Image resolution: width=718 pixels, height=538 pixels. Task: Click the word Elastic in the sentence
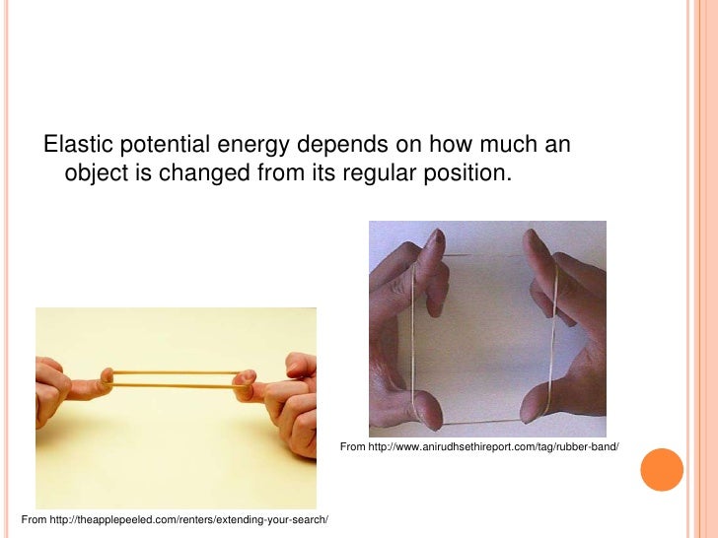pos(78,146)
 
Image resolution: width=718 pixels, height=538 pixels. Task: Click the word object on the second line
pos(98,175)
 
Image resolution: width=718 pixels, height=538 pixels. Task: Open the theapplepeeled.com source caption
pos(175,519)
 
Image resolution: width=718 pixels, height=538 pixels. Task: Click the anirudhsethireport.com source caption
pos(479,448)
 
